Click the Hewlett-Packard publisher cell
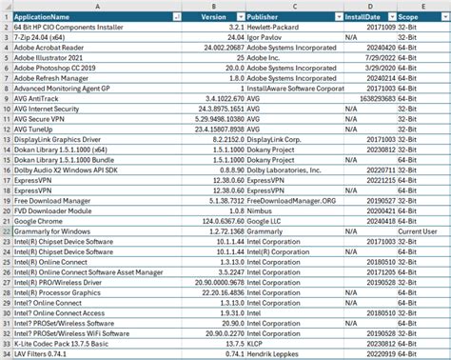[272, 28]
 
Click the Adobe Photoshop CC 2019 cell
[57, 69]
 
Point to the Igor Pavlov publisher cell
[266, 37]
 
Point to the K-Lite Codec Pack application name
[67, 344]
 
